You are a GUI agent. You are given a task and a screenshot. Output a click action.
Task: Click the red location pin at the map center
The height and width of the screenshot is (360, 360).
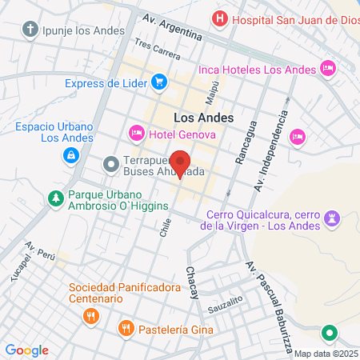pyautogui.click(x=180, y=162)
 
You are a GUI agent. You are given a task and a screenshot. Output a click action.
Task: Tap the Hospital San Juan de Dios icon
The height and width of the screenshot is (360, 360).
pyautogui.click(x=218, y=18)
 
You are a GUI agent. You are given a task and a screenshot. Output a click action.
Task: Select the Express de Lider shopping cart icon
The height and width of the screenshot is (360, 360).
pyautogui.click(x=159, y=80)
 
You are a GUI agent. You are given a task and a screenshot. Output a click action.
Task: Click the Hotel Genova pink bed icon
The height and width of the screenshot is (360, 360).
pyautogui.click(x=136, y=131)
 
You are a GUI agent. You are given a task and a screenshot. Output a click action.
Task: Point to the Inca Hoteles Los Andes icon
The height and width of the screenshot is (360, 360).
pyautogui.click(x=326, y=69)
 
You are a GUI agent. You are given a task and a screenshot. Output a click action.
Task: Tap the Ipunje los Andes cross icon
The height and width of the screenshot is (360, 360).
pyautogui.click(x=31, y=30)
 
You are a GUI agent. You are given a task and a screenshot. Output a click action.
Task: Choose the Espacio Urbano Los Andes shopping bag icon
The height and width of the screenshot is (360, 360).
pyautogui.click(x=72, y=154)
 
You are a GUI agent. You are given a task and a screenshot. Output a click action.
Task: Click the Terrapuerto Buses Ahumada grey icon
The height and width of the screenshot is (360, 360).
pyautogui.click(x=110, y=165)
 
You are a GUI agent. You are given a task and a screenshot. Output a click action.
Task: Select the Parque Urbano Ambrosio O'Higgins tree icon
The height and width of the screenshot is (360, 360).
pyautogui.click(x=55, y=197)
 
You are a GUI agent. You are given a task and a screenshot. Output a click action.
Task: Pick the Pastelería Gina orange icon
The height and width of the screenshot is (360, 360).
pyautogui.click(x=125, y=328)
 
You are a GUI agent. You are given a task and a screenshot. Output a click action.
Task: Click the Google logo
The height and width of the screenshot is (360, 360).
pyautogui.click(x=26, y=350)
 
